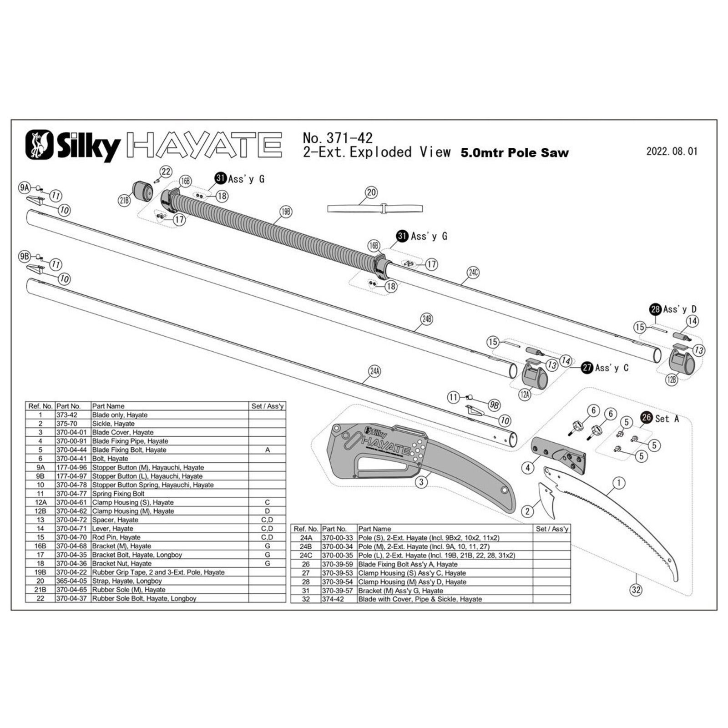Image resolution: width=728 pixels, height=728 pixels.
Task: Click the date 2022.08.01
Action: coord(672,152)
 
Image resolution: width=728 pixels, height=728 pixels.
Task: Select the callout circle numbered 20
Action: coord(371,192)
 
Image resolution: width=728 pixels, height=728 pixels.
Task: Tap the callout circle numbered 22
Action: coord(166,172)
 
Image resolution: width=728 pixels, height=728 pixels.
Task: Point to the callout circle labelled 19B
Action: coord(286,212)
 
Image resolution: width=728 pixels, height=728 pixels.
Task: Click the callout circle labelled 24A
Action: coord(374,371)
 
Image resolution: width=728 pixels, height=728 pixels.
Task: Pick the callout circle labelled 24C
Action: coord(473,273)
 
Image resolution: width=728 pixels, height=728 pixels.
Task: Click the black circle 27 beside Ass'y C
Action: coord(587,368)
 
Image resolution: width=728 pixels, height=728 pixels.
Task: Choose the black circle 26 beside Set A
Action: coord(647,417)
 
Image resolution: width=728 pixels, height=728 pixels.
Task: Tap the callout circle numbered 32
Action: coord(636,590)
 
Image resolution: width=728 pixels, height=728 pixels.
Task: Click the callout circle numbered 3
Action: coord(422,482)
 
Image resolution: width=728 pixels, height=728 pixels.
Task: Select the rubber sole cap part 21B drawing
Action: coord(143,192)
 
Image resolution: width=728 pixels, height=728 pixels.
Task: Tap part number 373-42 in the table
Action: coord(67,415)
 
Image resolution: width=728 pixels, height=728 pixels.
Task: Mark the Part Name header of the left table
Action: coord(108,406)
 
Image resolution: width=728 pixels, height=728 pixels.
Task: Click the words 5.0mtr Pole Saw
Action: coord(515,153)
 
